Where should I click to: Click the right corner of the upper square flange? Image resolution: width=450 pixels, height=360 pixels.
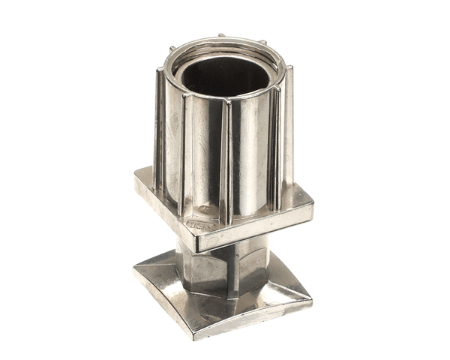(x=311, y=207)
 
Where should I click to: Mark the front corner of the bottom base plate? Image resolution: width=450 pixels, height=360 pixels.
(x=196, y=334)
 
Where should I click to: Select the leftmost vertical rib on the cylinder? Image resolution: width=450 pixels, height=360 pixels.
(x=160, y=127)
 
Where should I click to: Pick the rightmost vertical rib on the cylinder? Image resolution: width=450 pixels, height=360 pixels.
(x=288, y=127)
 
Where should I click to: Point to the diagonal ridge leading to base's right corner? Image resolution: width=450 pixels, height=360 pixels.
(x=281, y=292)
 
